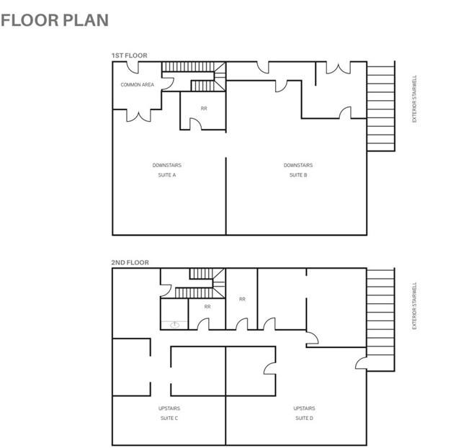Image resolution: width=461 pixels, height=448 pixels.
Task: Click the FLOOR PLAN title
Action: coord(55,20)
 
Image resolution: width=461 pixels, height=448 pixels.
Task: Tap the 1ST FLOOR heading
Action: coord(130,55)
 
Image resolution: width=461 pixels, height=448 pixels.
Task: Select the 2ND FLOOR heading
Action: coord(130,262)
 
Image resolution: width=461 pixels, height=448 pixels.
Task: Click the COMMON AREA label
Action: coord(138,85)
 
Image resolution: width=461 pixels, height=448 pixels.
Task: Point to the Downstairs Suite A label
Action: coord(167,170)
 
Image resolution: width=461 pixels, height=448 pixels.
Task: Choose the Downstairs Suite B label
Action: coord(298,170)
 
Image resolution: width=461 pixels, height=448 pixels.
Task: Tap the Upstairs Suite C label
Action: coord(169,413)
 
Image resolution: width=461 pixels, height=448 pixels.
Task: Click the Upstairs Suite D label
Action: coord(304,413)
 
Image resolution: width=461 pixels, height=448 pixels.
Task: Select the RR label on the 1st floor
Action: coord(204,109)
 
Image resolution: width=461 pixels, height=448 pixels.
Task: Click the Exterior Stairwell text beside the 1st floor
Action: coord(415,99)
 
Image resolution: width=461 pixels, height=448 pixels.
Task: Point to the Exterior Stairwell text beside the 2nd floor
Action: coord(415,305)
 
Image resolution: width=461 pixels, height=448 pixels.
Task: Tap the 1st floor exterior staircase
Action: coord(381,106)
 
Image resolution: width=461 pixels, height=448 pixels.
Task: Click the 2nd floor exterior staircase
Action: coord(380,320)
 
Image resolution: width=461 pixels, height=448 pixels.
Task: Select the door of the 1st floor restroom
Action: coord(196,125)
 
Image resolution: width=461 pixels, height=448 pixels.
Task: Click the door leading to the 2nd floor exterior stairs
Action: coord(362,363)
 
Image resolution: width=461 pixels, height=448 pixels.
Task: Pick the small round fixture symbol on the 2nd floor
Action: coord(174,325)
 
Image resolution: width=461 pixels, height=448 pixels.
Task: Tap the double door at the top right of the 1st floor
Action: coord(339,68)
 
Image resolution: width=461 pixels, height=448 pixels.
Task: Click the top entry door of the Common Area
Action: coord(133,68)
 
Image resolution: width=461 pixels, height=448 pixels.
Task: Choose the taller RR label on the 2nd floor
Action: coord(242,299)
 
